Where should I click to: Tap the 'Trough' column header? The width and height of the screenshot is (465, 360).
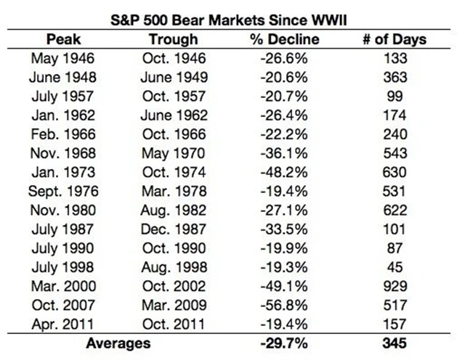click(x=172, y=39)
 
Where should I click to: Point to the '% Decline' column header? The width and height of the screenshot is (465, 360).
click(x=284, y=39)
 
